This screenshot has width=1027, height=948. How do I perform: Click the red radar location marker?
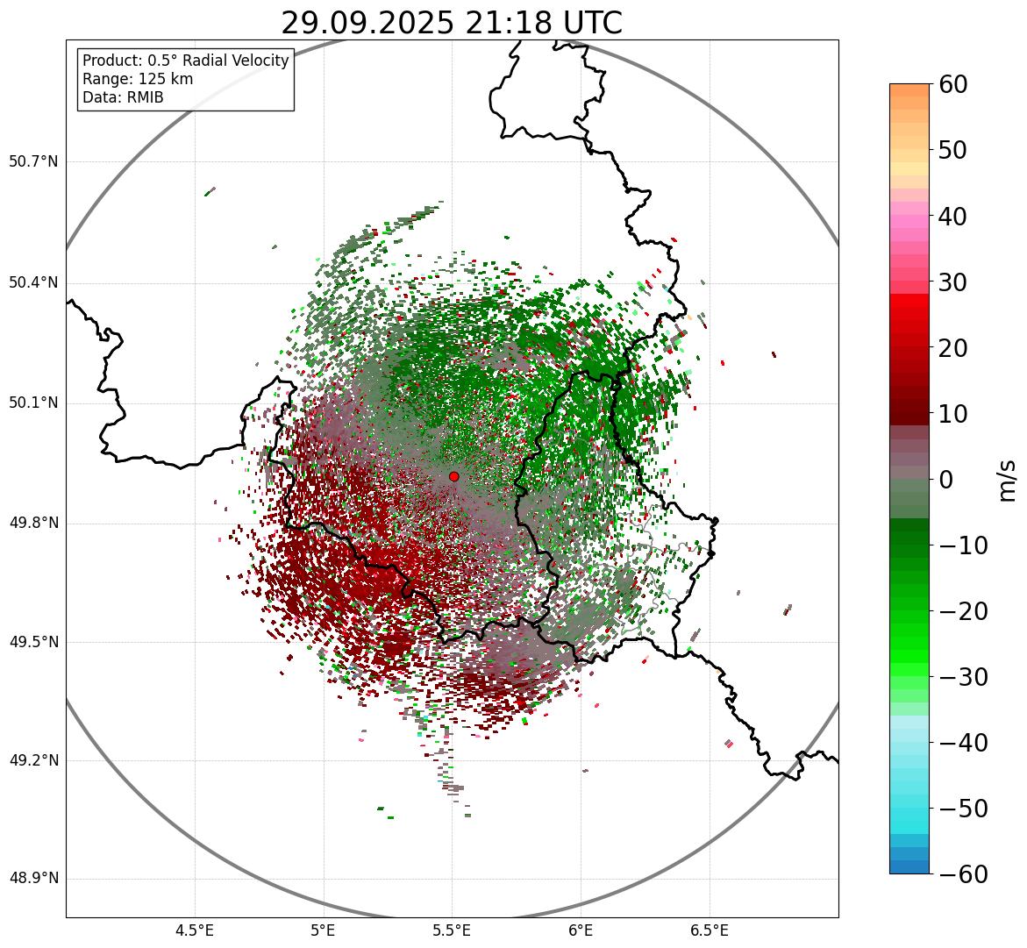click(453, 476)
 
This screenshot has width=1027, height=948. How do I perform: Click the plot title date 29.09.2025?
click(367, 24)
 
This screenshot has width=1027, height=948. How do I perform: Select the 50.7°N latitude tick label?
click(33, 162)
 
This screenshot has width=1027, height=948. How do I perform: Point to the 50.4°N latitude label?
click(33, 283)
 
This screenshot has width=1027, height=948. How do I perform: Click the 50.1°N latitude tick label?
click(33, 403)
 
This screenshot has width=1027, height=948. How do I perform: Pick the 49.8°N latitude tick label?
click(33, 524)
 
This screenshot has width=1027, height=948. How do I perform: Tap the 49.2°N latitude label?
click(33, 760)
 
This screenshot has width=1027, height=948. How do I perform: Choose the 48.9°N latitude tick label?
click(33, 879)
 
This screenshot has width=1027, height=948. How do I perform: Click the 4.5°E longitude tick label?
click(195, 930)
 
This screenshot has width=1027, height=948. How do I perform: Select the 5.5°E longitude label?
click(452, 930)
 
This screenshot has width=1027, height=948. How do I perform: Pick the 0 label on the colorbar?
click(947, 480)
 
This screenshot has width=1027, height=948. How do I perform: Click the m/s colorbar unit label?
click(1008, 480)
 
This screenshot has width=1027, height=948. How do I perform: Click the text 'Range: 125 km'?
click(138, 79)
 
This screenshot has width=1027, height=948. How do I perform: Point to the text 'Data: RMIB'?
click(123, 97)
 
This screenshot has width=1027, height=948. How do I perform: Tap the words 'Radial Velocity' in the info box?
click(233, 61)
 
